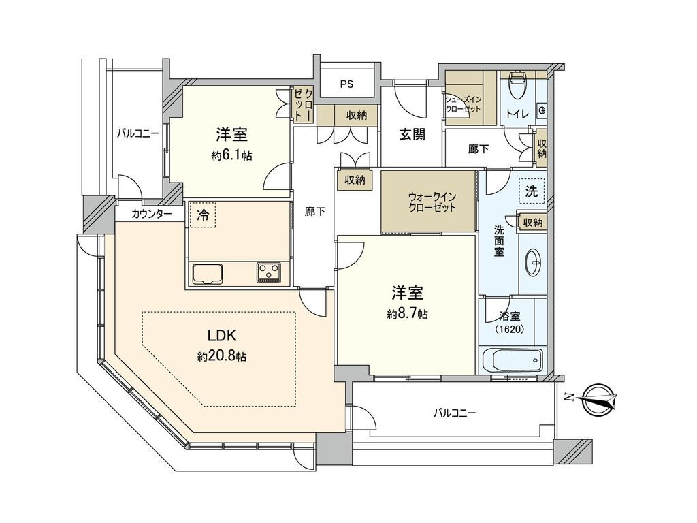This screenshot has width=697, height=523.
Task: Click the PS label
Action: [347, 84]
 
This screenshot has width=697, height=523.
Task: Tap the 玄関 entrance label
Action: [412, 134]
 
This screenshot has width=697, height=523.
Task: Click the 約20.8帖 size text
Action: [223, 355]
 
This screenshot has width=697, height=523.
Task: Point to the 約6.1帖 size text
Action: [231, 155]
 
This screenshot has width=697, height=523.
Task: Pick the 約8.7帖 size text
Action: [407, 314]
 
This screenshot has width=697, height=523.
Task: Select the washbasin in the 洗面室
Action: [533, 263]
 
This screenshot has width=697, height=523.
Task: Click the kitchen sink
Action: [208, 273]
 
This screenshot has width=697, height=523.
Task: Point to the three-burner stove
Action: [268, 272]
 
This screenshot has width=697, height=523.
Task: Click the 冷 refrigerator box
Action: [202, 215]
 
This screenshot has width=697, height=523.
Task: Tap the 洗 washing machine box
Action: [532, 191]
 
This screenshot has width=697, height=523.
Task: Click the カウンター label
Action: [151, 215]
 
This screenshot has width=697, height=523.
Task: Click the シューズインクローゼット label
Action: [463, 104]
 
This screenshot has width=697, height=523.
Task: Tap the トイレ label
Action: [518, 114]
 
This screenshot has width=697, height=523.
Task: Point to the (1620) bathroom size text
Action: [509, 330]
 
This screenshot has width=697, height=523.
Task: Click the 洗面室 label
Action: [499, 241]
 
